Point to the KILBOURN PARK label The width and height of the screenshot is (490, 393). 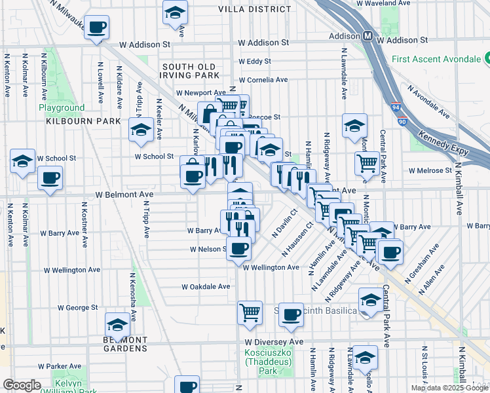click(x=83, y=121)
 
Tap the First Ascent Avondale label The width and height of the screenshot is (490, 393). click(x=436, y=60)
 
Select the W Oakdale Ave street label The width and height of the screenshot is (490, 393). click(x=206, y=286)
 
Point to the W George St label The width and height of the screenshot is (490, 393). click(x=77, y=307)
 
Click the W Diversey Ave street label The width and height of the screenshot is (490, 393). click(x=274, y=342)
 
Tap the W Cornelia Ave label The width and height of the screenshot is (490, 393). click(x=263, y=80)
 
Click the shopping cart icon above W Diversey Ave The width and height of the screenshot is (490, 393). click(x=250, y=312)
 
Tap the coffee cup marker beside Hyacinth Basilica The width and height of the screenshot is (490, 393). click(x=291, y=314)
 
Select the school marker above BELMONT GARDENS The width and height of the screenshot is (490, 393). click(x=118, y=324)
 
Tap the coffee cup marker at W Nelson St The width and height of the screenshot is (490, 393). click(x=240, y=248)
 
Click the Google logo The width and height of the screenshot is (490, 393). click(x=22, y=385)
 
